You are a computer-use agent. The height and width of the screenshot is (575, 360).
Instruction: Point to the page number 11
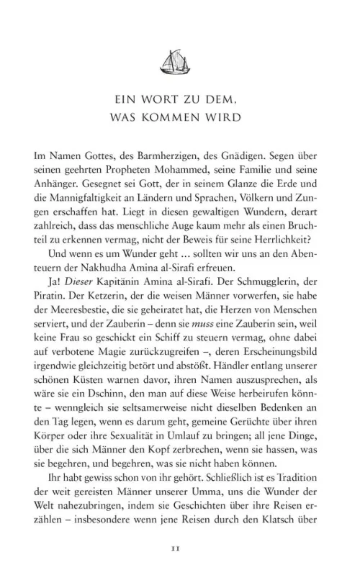pos(180,550)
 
